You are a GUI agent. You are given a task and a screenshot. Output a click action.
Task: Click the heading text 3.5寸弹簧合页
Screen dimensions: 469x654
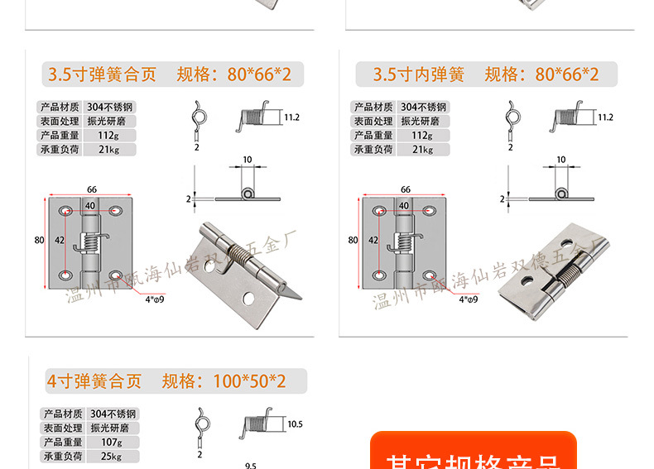(x=102, y=74)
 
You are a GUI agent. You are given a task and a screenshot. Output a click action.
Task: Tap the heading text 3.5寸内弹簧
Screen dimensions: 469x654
(x=418, y=74)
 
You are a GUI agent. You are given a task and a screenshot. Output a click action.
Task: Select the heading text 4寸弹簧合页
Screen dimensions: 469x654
(x=94, y=381)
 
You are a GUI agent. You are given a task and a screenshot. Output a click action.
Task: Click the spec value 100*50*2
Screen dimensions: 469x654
(x=248, y=381)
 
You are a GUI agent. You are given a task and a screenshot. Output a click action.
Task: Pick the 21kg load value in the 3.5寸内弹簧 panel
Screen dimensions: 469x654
(x=422, y=150)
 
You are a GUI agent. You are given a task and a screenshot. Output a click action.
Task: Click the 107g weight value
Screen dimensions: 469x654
(x=101, y=443)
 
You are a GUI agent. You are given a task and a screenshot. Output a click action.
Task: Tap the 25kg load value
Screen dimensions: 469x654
(x=101, y=457)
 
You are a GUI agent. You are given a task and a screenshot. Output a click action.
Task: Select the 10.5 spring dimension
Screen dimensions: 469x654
(x=295, y=424)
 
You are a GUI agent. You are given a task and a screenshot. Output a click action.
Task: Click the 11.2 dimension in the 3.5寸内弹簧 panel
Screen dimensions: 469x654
(x=605, y=117)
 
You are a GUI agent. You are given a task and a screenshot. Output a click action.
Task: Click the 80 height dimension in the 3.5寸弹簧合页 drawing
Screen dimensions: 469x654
(x=38, y=240)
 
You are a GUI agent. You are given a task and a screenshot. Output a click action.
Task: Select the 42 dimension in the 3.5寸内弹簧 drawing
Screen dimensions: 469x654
(x=373, y=240)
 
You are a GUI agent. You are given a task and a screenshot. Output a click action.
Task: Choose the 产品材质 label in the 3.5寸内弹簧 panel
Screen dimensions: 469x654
(x=373, y=108)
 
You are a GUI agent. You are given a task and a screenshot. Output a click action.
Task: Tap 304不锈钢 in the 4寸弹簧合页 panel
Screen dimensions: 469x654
(x=113, y=414)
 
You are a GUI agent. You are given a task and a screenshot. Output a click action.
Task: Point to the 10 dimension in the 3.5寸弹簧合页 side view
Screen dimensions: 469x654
(x=247, y=159)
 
